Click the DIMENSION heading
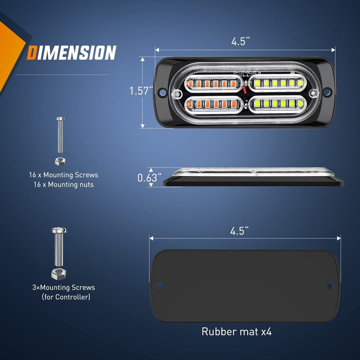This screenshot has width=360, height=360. [x=72, y=53]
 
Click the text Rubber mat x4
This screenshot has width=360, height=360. [x=237, y=331]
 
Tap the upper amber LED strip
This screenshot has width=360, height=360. [x=213, y=84]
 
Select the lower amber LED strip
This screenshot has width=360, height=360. [x=213, y=104]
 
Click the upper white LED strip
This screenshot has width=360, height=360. [x=277, y=83]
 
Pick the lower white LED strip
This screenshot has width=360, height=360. [x=277, y=104]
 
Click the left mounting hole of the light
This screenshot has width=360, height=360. [x=163, y=93]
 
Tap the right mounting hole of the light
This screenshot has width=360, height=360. [x=327, y=92]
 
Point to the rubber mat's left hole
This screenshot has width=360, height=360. [x=160, y=286]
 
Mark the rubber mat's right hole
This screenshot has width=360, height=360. [x=330, y=286]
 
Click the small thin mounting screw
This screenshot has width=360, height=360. [x=60, y=135]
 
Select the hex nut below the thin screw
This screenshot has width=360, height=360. [x=60, y=161]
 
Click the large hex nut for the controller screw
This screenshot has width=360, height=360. [x=58, y=274]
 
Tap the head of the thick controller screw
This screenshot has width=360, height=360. [x=59, y=230]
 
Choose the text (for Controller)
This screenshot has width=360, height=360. [x=66, y=297]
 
